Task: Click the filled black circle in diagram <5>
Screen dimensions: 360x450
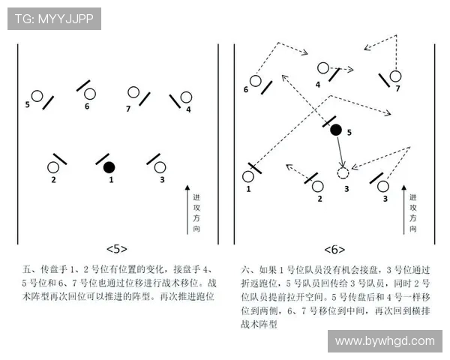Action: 109,166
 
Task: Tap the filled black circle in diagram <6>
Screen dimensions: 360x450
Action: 336,129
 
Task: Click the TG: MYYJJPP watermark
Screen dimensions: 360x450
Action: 54,19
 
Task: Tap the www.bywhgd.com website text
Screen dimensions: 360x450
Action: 385,340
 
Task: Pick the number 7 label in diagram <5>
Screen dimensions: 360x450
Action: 128,109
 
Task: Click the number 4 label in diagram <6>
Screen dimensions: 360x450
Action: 317,85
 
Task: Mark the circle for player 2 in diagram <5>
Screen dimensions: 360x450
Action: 53,167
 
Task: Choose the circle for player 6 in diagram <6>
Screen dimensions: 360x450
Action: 256,81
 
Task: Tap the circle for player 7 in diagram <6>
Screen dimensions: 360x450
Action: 395,76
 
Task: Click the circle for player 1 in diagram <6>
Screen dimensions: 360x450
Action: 248,177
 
